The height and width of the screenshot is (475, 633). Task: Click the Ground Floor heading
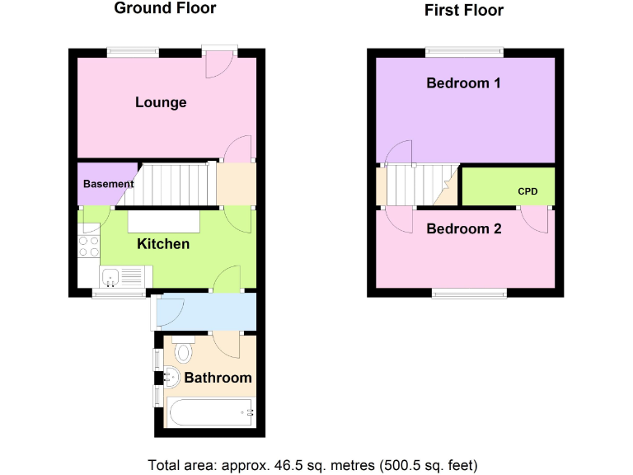(x=165, y=9)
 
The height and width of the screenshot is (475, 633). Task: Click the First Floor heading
(x=464, y=11)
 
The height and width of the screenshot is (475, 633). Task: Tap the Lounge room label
(x=161, y=102)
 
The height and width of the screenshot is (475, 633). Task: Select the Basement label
(x=108, y=184)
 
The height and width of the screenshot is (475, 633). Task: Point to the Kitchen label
(x=162, y=244)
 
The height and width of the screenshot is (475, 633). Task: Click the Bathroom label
(x=218, y=378)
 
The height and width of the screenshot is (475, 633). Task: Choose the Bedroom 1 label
(x=463, y=83)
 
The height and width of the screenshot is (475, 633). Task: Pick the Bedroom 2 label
(x=463, y=228)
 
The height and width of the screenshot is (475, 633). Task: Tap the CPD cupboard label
(x=527, y=191)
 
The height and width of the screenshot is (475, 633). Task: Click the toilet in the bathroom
(x=183, y=351)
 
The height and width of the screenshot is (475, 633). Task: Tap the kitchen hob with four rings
(x=88, y=245)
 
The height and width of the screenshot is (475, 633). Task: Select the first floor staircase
(x=416, y=185)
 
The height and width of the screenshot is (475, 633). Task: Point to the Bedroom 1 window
(x=464, y=52)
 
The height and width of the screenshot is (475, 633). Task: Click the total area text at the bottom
(x=312, y=463)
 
